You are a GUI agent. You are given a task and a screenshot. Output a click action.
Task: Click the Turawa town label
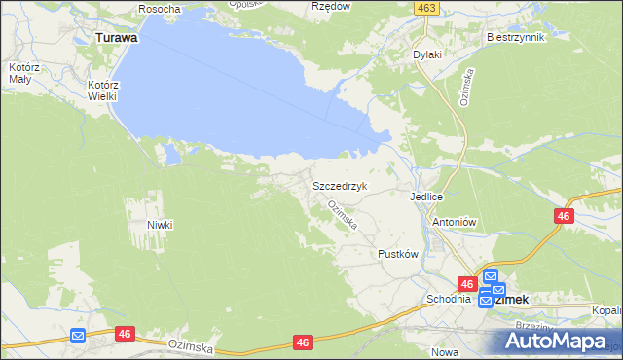[116, 38]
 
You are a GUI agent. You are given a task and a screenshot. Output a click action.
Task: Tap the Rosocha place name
[160, 9]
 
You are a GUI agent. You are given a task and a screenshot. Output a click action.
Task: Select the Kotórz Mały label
[21, 73]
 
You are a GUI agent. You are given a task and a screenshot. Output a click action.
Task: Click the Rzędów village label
[330, 6]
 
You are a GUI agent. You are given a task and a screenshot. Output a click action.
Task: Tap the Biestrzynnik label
[515, 37]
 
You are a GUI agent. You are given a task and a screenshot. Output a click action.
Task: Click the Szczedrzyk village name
[339, 184]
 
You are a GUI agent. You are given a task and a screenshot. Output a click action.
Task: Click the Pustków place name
[397, 254]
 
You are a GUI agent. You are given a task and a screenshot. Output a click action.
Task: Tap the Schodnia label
[449, 299]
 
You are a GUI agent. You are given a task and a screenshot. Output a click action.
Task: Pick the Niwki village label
[160, 225]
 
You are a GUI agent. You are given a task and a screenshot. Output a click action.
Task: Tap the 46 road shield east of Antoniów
[564, 217]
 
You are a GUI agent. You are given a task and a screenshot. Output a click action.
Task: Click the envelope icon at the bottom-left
[78, 336]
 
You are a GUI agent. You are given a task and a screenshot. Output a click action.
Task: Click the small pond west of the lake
[171, 153]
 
